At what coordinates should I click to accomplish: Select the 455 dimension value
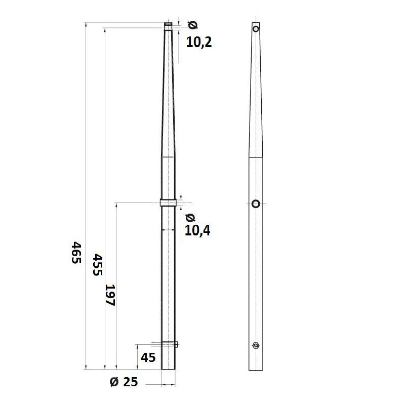coord(97,264)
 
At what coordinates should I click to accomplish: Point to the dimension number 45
coord(148,357)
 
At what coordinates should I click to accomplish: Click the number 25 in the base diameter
coord(131,382)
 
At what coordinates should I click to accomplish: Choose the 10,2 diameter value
coord(198,43)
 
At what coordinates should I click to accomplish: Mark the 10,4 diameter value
coord(197,231)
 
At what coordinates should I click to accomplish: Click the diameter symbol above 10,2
coord(192,25)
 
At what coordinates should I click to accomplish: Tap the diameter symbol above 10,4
coord(190,218)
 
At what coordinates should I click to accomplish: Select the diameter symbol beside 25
coord(114,382)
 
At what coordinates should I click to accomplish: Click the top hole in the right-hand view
coord(256,29)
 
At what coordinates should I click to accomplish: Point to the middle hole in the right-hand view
coord(256,204)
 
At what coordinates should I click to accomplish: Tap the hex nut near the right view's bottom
coord(256,346)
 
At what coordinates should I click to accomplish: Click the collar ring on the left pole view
coord(169,203)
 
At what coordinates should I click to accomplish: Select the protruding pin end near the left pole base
coord(177,345)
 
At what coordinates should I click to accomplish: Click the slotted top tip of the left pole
coord(169,23)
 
